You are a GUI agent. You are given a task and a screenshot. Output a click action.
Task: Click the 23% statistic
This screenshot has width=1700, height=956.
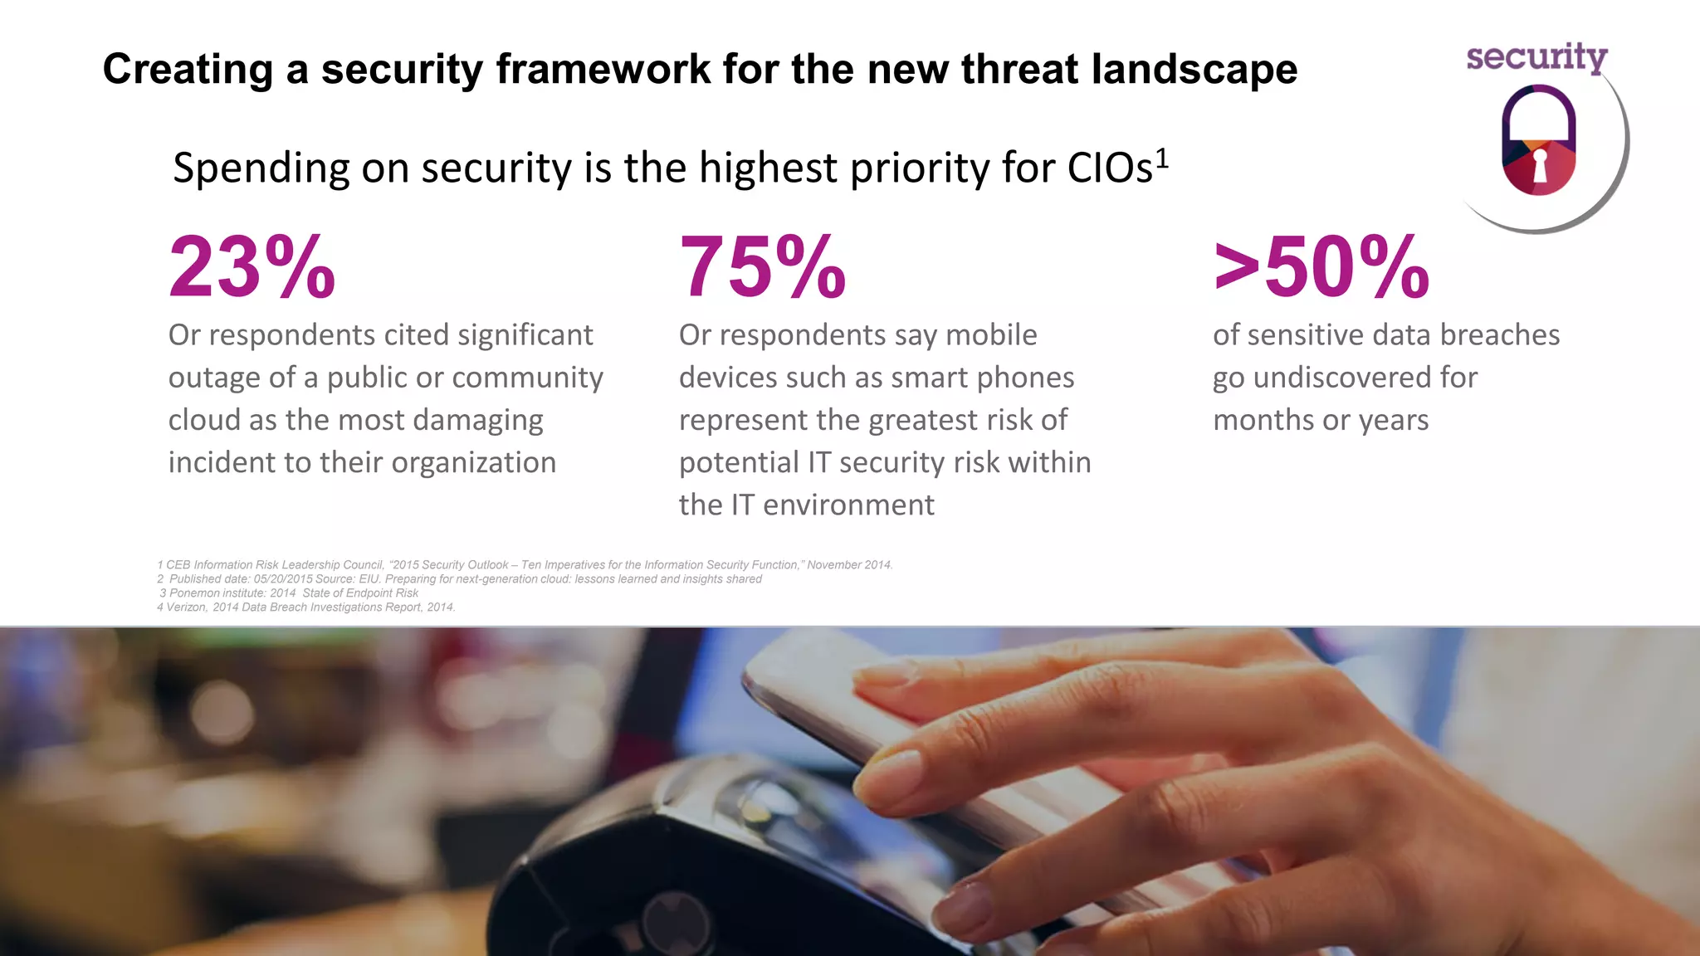click(x=252, y=267)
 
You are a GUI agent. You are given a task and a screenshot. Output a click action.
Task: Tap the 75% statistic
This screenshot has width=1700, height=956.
click(x=762, y=267)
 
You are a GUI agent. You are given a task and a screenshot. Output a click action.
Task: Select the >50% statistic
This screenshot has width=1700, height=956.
click(x=1321, y=267)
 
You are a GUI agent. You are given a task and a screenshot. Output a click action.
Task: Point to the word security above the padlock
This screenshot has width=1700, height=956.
click(x=1536, y=58)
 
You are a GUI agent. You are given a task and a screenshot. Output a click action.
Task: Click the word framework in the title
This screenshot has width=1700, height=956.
click(x=603, y=69)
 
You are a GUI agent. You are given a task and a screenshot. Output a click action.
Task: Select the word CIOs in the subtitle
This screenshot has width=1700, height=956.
click(x=1111, y=168)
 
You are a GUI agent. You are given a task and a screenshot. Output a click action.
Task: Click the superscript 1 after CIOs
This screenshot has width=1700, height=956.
click(x=1162, y=158)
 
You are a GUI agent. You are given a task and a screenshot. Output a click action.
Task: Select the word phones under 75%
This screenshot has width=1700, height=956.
click(x=1025, y=378)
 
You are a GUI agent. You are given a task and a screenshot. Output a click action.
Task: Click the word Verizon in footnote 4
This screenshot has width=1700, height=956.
click(x=186, y=607)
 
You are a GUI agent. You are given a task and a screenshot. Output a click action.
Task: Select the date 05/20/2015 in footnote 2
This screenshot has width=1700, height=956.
click(x=283, y=579)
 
